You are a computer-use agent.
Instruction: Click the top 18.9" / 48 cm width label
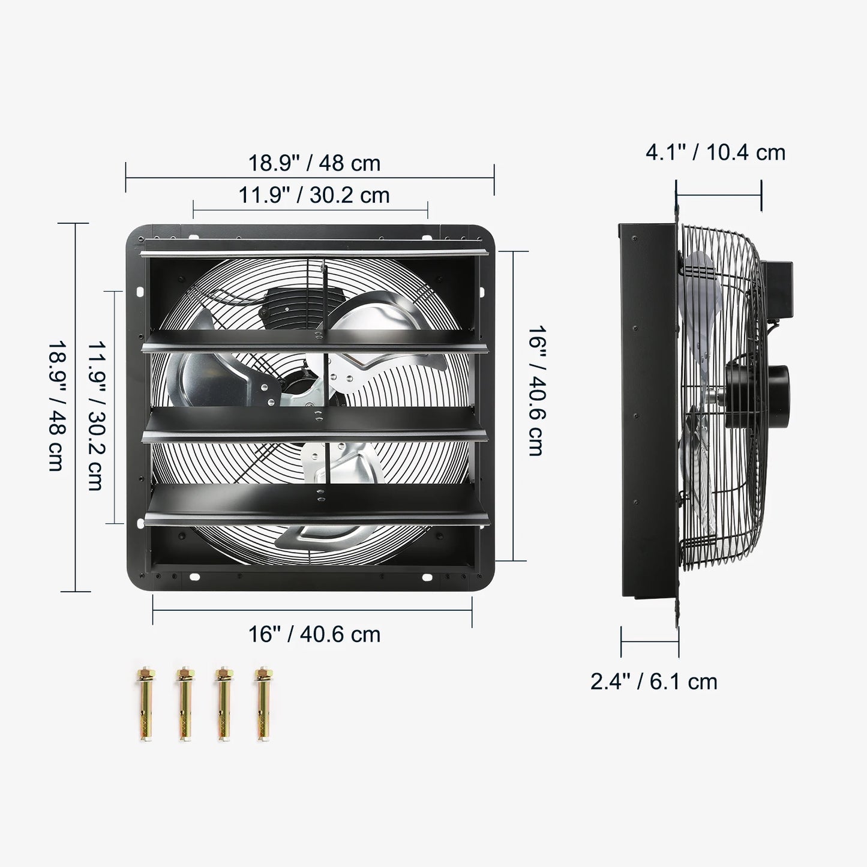point(314,163)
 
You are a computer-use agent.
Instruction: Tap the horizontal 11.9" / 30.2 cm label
point(314,195)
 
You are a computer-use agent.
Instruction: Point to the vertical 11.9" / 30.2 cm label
point(96,416)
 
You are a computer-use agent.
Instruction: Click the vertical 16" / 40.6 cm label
point(536,391)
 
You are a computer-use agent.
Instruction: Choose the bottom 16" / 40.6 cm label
point(314,634)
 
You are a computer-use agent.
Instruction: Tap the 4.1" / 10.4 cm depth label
point(715,152)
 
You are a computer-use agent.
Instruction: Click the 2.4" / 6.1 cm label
point(653,682)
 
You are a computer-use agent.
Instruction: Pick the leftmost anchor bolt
point(146,703)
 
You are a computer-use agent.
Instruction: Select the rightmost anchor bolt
point(262,703)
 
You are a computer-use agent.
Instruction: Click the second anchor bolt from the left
point(185,703)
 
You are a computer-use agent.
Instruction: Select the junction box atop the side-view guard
point(778,288)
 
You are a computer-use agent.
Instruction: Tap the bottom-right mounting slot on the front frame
point(427,577)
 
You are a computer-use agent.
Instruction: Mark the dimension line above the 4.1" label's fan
point(718,194)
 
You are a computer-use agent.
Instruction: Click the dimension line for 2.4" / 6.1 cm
point(650,641)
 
